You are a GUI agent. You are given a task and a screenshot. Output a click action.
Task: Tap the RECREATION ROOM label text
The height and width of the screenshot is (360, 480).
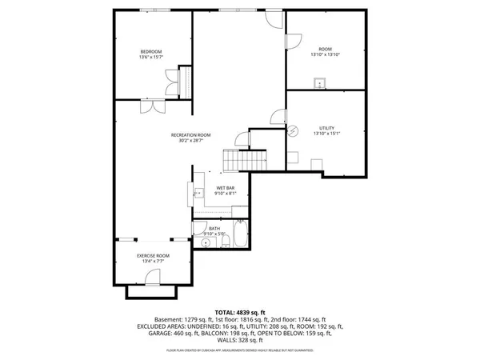coord(190,135)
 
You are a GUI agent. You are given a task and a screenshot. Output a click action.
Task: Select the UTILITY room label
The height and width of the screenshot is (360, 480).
coord(326,128)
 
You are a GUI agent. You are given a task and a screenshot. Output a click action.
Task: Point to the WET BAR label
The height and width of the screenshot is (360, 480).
coord(225,188)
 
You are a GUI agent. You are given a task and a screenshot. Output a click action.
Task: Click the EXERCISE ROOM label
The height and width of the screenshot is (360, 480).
coord(152,255)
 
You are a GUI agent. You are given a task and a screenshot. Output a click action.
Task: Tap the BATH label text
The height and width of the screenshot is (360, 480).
coord(214,229)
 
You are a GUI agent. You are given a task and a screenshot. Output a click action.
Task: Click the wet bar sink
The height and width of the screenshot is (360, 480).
coord(196,193)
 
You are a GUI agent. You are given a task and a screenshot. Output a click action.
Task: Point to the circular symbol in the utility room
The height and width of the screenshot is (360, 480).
coord(293,130)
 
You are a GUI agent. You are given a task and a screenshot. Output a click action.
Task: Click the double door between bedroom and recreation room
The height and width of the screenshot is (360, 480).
coord(149,106)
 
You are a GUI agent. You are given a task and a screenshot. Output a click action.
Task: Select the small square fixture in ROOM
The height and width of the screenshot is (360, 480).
coord(319,82)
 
